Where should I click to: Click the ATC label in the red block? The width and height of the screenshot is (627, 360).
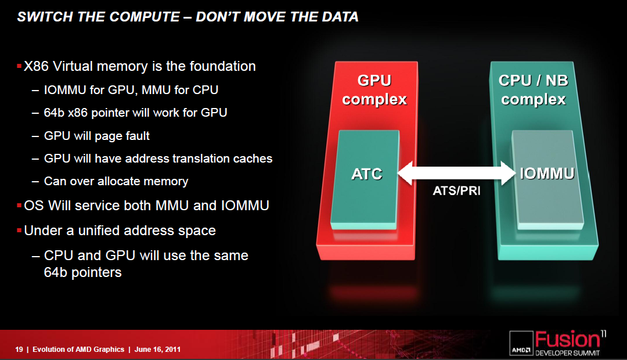[367, 174]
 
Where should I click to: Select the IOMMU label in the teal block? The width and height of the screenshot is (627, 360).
[547, 173]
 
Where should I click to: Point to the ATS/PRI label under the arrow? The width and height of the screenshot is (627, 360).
[457, 190]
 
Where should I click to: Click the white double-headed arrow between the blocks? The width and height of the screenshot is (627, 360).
[457, 173]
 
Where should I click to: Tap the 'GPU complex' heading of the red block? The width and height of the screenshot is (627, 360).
[374, 89]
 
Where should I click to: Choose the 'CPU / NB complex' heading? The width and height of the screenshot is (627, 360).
[534, 89]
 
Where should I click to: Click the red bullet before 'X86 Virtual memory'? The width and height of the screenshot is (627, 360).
[19, 66]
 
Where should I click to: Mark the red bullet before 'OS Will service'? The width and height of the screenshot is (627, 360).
[19, 205]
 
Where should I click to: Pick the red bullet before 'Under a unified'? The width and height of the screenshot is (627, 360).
[19, 230]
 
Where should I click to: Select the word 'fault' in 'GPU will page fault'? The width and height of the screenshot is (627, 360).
[138, 136]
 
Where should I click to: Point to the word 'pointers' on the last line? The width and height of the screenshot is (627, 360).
[96, 272]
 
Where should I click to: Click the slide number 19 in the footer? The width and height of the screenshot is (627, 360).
[19, 349]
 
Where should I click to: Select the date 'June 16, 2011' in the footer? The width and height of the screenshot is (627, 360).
[157, 349]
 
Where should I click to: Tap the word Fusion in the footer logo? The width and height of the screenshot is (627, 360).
[568, 340]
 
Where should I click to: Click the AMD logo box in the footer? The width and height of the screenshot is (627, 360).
[521, 343]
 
